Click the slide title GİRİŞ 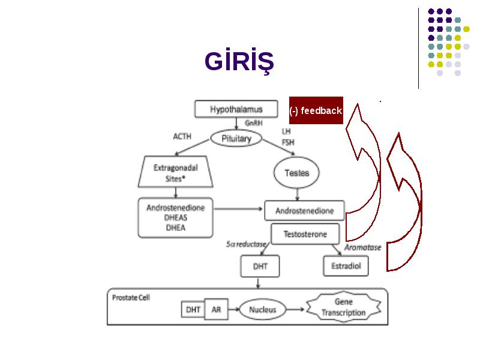pos(239,61)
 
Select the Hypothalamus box pos(236,109)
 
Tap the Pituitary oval pos(236,139)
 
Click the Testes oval pos(296,173)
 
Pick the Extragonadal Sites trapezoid pos(175,172)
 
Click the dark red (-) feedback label pos(316,110)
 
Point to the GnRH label pos(253,123)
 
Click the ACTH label pos(182,136)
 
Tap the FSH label pos(288,142)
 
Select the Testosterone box pos(305,234)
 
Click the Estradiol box pos(346,266)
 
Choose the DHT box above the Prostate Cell pos(260,266)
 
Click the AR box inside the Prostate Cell pos(216,310)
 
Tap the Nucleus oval pos(262,310)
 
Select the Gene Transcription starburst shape pos(343,307)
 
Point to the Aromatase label pos(363,247)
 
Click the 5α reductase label pos(247,244)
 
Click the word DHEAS pos(176,218)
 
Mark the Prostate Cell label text pos(131,298)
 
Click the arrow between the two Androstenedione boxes pos(238,209)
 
